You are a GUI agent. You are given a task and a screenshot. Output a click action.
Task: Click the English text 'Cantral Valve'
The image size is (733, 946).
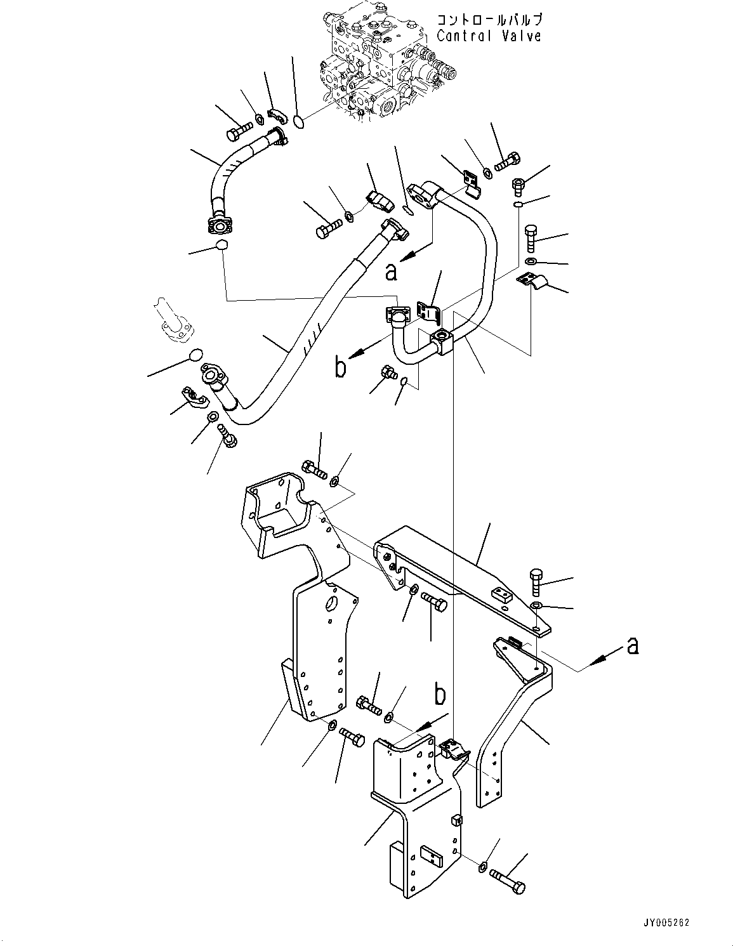[x=489, y=36]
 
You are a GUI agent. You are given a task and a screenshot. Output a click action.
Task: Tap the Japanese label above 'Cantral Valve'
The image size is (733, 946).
[x=489, y=20]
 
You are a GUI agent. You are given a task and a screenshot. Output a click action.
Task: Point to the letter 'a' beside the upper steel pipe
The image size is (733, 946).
[x=392, y=271]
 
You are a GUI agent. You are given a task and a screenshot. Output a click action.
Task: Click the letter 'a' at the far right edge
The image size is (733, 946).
[x=631, y=645]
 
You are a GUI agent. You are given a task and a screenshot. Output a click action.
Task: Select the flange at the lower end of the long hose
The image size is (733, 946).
[x=213, y=375]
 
